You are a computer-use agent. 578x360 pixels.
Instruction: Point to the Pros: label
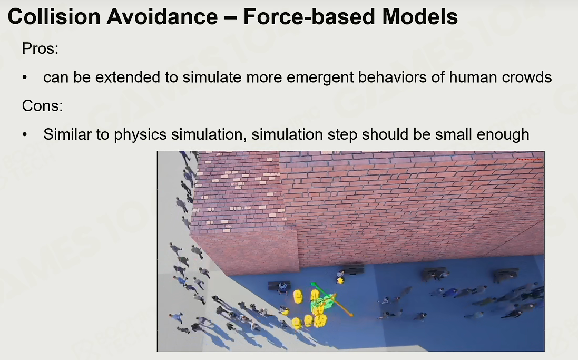coord(40,48)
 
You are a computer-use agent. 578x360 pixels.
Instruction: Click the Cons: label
coord(42,106)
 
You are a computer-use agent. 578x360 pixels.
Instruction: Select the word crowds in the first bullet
coord(527,77)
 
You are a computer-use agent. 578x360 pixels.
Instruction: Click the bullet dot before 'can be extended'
coord(25,78)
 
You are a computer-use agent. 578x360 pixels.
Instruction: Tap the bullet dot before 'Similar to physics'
coord(25,134)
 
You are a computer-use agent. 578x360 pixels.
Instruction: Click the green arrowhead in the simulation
coord(314,285)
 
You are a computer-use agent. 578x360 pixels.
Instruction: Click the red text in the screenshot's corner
coord(529,159)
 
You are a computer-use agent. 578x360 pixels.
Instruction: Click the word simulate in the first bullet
coord(212,77)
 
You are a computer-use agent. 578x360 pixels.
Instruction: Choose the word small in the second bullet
coord(454,134)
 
